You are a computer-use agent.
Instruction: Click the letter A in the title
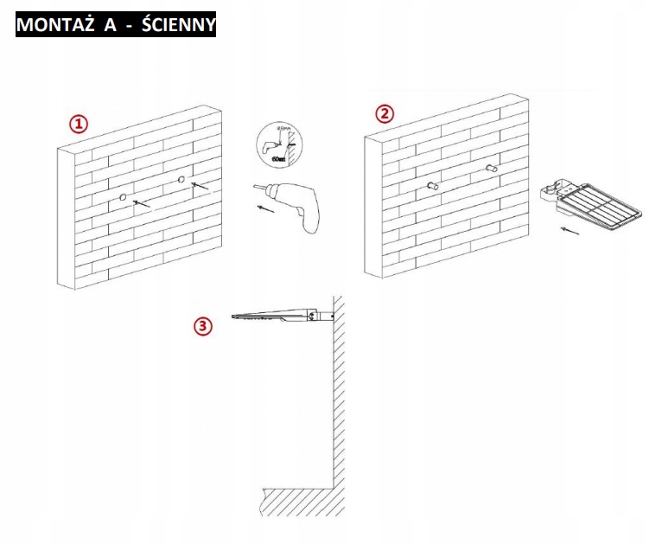click(110, 25)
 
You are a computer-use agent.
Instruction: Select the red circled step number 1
click(79, 125)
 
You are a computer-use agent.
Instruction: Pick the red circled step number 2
click(385, 113)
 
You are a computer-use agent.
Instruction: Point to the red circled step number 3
click(202, 326)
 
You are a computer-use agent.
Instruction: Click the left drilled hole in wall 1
click(124, 199)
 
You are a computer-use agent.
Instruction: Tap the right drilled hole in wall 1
click(181, 180)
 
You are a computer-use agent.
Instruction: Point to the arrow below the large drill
click(268, 208)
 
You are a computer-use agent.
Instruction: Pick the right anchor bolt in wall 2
click(492, 168)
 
